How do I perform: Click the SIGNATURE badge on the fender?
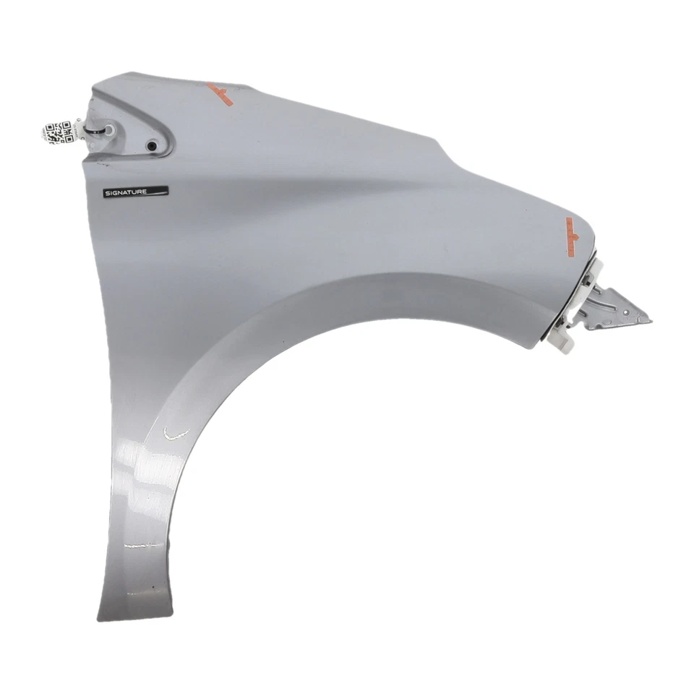[x=135, y=192]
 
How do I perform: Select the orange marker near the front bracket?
[x=573, y=236]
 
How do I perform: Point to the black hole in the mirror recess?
[x=152, y=145]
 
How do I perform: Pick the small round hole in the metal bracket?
[x=627, y=312]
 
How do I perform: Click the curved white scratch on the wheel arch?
[x=176, y=432]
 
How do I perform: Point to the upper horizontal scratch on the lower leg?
[x=142, y=546]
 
